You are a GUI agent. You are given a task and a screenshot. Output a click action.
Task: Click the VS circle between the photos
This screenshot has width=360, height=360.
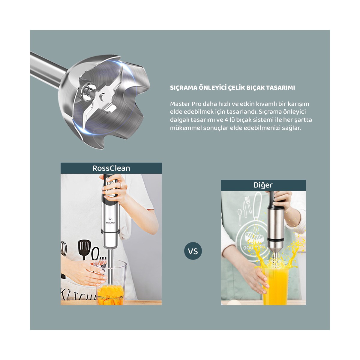(x=193, y=251)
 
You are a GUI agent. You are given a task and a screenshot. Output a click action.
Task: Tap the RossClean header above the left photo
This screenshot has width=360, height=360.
(x=111, y=168)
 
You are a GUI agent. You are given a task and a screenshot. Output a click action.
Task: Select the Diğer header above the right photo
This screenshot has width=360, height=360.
(x=263, y=185)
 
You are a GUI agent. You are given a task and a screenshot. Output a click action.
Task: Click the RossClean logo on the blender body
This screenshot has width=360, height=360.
(x=110, y=220)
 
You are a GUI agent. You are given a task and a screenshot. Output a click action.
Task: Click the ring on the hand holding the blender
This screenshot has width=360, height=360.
(x=120, y=185)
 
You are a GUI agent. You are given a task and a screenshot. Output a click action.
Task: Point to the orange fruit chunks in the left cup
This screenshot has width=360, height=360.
(x=111, y=295)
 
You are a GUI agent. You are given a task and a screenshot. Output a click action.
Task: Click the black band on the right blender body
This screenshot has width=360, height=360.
(x=276, y=239)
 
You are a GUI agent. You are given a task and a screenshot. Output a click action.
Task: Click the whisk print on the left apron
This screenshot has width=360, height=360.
(x=63, y=248)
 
